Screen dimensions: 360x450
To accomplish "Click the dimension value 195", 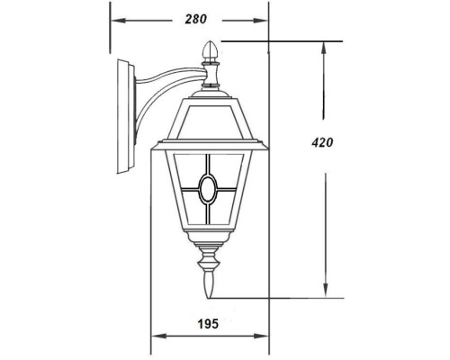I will [x=209, y=322].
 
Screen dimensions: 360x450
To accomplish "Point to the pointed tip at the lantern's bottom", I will [x=210, y=292].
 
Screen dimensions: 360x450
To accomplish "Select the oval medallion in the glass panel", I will [x=209, y=191].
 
